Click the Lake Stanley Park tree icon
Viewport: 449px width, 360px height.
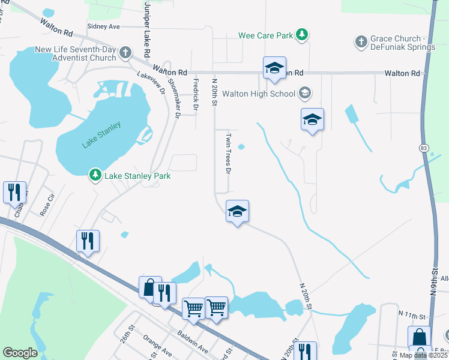95,175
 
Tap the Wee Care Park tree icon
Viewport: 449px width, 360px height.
303,35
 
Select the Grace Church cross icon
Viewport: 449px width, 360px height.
361,41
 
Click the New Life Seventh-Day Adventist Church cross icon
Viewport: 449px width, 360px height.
125,53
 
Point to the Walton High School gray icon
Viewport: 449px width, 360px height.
304,93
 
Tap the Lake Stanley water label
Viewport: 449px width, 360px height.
101,135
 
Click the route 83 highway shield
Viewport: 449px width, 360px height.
424,146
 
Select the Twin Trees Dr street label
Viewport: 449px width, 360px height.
228,154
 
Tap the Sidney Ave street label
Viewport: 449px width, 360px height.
103,26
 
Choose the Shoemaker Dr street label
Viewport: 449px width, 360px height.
173,98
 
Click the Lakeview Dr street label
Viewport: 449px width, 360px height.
151,84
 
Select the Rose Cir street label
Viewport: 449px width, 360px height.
47,205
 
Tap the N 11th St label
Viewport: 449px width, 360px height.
411,314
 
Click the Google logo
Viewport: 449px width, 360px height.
20,353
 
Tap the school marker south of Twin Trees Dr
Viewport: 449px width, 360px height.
237,212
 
